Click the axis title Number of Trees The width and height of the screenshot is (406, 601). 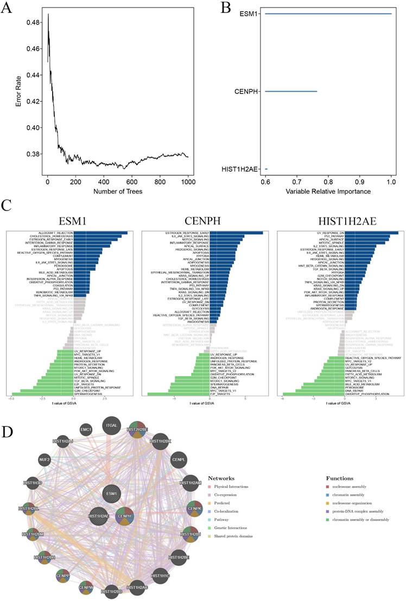point(118,191)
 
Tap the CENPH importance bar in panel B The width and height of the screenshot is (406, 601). point(291,91)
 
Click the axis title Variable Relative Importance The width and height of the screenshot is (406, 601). point(328,191)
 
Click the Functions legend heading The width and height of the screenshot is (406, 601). point(340,478)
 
